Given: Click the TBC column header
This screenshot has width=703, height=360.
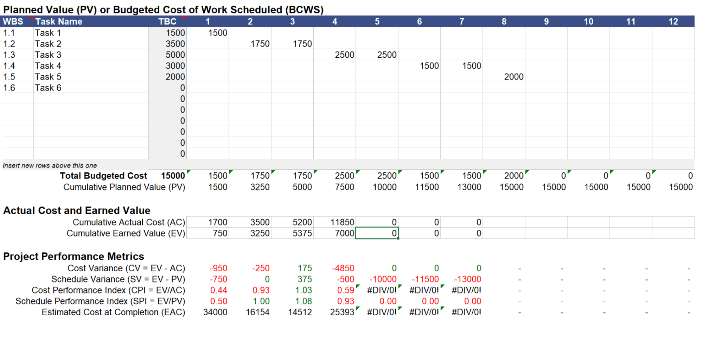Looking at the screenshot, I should [167, 21].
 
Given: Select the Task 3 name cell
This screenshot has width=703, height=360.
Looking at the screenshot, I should [48, 55].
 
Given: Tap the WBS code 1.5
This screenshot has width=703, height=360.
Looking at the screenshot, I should [9, 77].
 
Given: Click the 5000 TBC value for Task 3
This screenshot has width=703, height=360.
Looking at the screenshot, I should [175, 55].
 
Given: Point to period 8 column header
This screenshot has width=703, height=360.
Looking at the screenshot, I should [504, 21].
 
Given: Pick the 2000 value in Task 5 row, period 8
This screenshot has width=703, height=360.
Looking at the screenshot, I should [513, 77].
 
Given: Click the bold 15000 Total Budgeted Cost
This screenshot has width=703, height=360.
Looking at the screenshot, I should [173, 176].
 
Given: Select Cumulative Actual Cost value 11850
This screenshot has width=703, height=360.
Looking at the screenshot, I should [342, 222].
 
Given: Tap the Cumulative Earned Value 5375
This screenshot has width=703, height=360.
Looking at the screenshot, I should [302, 233].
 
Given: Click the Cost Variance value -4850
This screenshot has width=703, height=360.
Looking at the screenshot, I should [343, 268].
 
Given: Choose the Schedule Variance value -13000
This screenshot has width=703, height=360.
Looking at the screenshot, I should [467, 279].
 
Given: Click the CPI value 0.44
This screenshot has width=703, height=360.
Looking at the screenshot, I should [218, 290].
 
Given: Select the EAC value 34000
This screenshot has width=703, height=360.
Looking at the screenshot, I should [215, 312].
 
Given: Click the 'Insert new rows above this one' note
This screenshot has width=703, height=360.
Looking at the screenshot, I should [50, 165].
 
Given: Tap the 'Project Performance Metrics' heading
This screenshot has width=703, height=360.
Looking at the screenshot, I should [74, 256].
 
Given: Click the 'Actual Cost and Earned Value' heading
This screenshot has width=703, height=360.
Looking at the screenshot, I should [77, 210].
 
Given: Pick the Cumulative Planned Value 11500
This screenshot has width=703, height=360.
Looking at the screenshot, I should [427, 187].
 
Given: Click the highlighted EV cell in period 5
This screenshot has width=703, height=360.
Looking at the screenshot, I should [377, 233].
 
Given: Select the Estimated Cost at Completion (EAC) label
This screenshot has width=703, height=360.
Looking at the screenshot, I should [113, 312].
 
